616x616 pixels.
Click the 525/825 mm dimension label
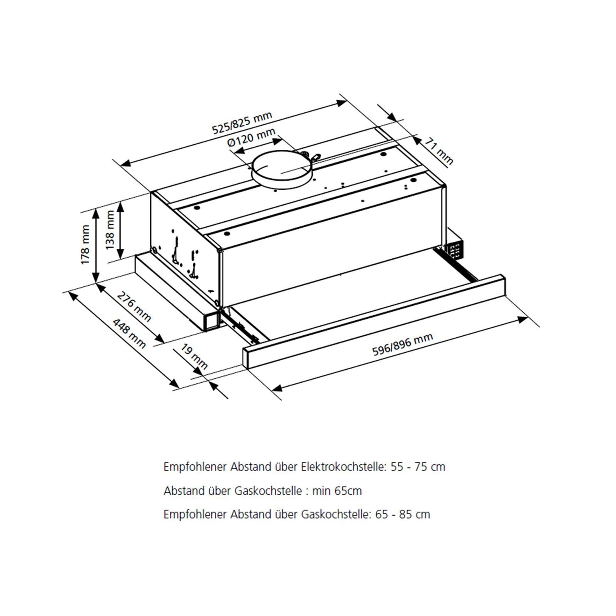pos(243,122)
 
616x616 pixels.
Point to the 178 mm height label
pos(85,244)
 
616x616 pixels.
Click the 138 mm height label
pos(110,230)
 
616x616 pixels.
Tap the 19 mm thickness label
pos(194,357)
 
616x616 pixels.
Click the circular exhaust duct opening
pos(282,171)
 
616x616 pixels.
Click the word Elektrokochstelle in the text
pos(343,467)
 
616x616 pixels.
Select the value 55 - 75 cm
pos(418,467)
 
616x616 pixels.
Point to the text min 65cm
pos(337,491)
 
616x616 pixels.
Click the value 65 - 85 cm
pos(403,514)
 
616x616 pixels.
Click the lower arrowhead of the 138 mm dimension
pos(121,253)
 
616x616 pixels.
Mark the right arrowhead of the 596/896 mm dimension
pos(524,319)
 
